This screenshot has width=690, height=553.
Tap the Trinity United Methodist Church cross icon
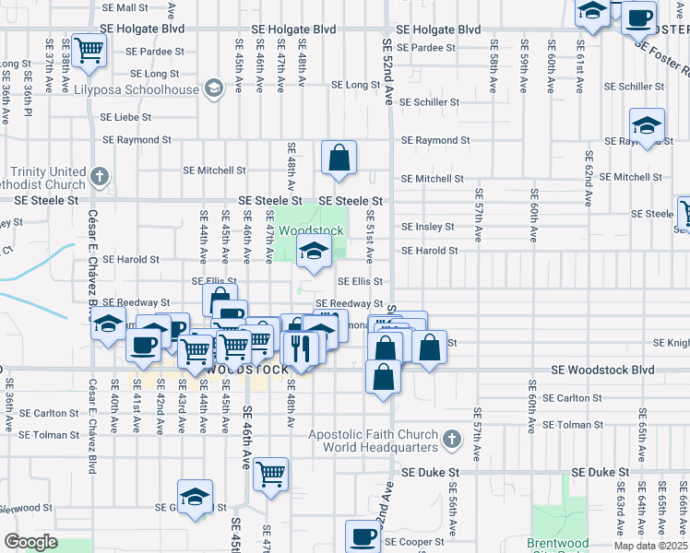(x=101, y=174)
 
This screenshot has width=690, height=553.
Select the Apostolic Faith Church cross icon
(x=452, y=441)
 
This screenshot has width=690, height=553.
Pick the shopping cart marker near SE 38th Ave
(x=89, y=52)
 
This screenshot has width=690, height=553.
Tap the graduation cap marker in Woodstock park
(x=314, y=250)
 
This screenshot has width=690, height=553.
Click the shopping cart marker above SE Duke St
(x=270, y=474)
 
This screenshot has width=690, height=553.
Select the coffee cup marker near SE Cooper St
(x=363, y=536)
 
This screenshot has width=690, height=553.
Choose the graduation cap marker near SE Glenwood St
(x=195, y=497)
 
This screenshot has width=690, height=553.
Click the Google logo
(x=31, y=542)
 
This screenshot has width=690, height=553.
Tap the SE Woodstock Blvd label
(x=602, y=370)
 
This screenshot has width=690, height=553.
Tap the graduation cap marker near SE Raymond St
(x=647, y=127)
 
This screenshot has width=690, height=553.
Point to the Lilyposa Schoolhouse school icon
(x=214, y=89)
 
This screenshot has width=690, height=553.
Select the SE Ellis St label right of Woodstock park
(x=360, y=281)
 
